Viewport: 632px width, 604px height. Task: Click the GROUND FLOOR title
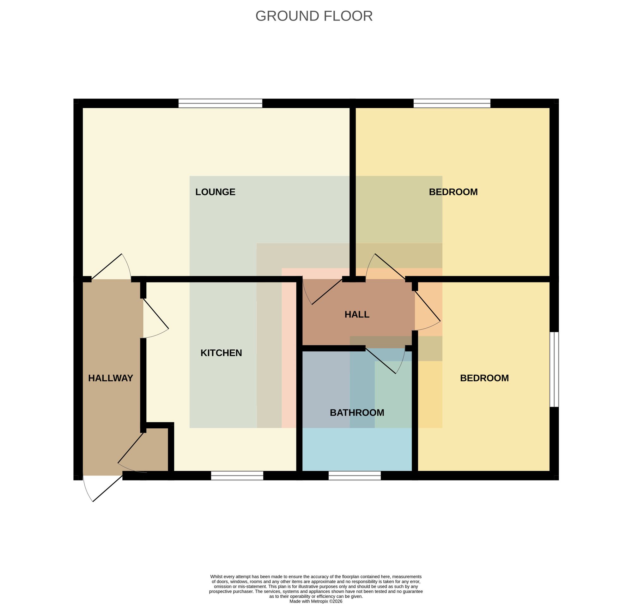pyautogui.click(x=314, y=16)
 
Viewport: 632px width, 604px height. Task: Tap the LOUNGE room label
pyautogui.click(x=215, y=192)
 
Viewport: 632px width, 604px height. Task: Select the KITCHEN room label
pyautogui.click(x=221, y=353)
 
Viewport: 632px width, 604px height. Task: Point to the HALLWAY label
pyautogui.click(x=111, y=378)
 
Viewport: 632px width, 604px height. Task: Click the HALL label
pyautogui.click(x=356, y=315)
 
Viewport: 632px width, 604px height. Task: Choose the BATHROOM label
pyautogui.click(x=357, y=413)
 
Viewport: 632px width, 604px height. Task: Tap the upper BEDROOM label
pyautogui.click(x=453, y=192)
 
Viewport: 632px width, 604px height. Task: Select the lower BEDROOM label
pyautogui.click(x=484, y=378)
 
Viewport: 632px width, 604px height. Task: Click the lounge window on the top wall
pyautogui.click(x=220, y=103)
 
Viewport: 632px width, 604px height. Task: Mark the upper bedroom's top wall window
pyautogui.click(x=452, y=103)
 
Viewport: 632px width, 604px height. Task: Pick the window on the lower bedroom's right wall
pyautogui.click(x=554, y=369)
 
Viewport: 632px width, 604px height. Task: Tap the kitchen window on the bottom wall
pyautogui.click(x=237, y=475)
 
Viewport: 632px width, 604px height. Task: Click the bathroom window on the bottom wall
pyautogui.click(x=355, y=475)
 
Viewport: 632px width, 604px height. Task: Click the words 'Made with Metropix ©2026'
pyautogui.click(x=316, y=601)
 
